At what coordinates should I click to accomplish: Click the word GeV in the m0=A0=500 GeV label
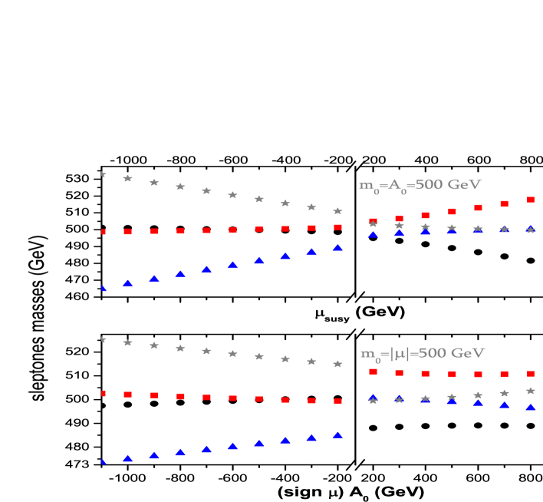[465, 185]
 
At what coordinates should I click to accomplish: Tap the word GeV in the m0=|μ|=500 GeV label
[468, 353]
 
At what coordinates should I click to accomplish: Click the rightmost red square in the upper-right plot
[531, 200]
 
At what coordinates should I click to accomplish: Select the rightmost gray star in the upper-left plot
[337, 211]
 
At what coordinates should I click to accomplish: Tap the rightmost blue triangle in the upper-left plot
[337, 248]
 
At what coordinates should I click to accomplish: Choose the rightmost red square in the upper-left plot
[337, 227]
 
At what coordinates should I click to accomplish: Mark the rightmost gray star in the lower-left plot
[337, 364]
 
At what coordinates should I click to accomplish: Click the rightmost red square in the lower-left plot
[337, 401]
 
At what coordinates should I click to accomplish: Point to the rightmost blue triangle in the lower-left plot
[337, 435]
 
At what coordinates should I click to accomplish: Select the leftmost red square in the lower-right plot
[373, 372]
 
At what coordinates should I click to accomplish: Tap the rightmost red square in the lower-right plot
[531, 374]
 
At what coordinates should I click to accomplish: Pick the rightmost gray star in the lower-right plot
[531, 391]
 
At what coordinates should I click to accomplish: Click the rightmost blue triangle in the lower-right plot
[531, 408]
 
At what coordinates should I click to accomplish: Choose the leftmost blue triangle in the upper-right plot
[373, 234]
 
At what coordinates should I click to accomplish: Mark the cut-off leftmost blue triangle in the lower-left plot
[103, 461]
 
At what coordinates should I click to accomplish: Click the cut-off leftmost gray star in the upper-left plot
[104, 174]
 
